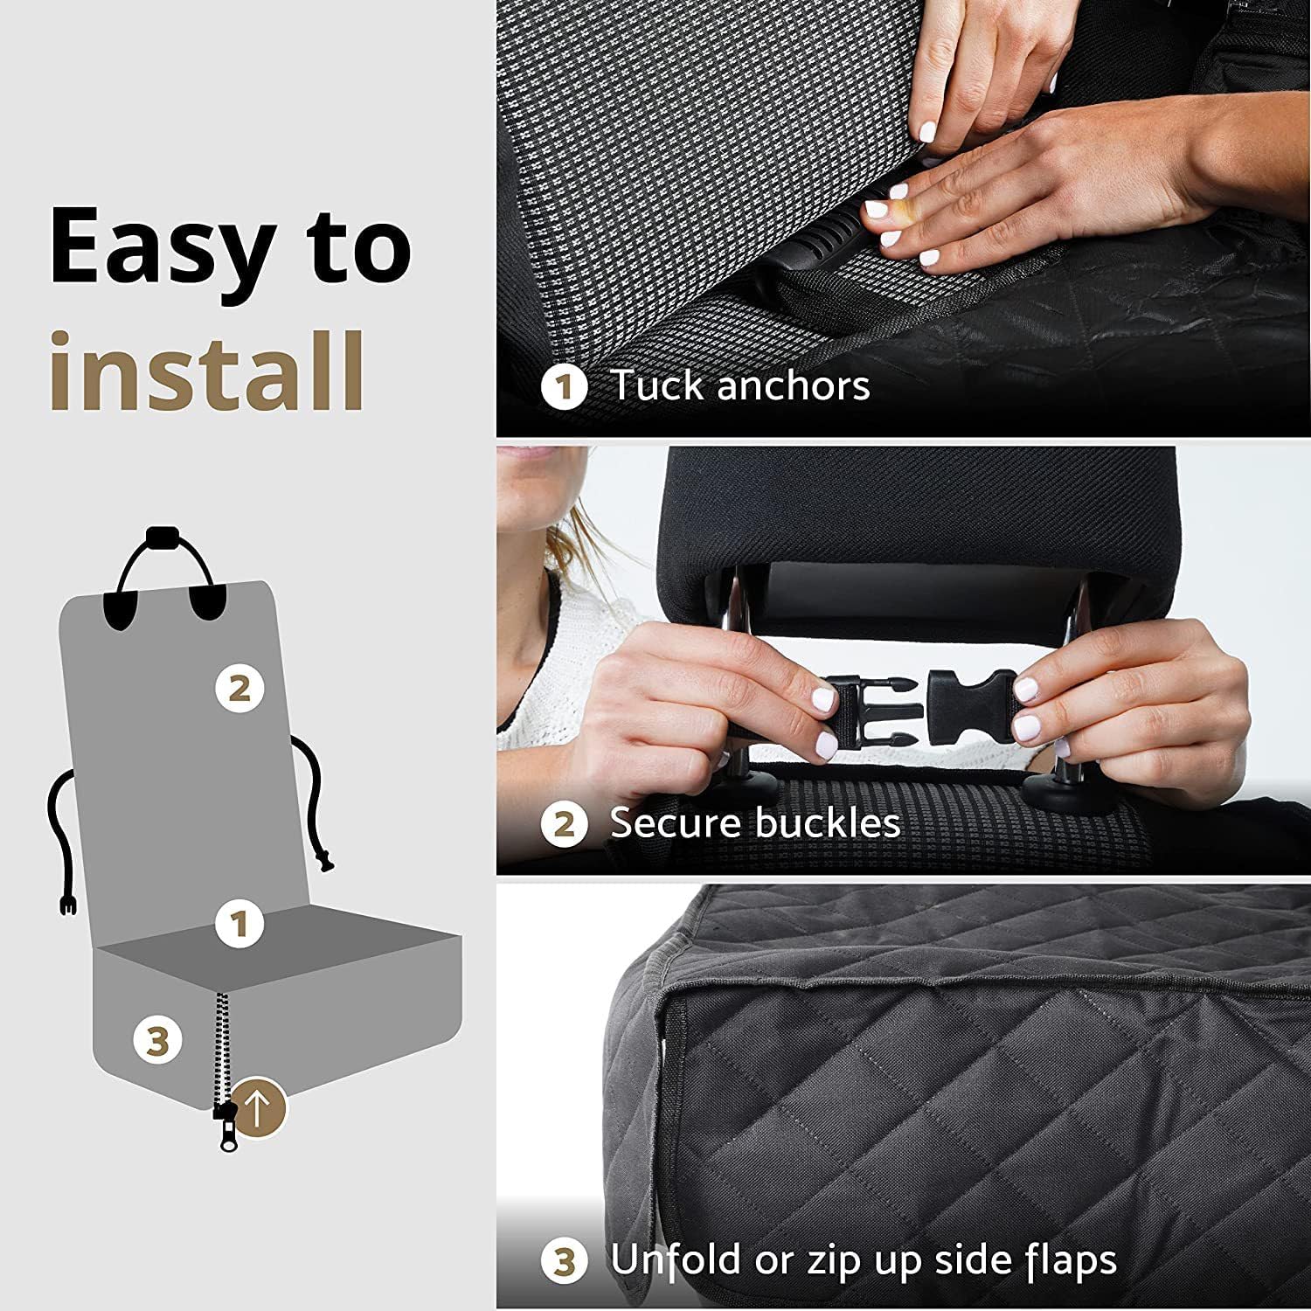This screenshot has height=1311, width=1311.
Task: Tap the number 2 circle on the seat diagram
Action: [239, 688]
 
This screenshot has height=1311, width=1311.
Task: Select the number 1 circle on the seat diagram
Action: [239, 923]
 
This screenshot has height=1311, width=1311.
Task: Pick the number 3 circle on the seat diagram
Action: [157, 1040]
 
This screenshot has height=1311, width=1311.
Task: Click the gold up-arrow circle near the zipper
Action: [259, 1109]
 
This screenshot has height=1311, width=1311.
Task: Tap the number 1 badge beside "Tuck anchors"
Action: [565, 387]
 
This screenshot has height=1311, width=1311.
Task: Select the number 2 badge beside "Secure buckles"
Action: [565, 824]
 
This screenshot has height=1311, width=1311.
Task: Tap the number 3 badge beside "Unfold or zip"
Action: [565, 1261]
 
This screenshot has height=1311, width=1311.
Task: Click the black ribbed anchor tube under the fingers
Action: [817, 263]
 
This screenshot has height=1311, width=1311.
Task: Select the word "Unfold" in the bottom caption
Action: [678, 1259]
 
